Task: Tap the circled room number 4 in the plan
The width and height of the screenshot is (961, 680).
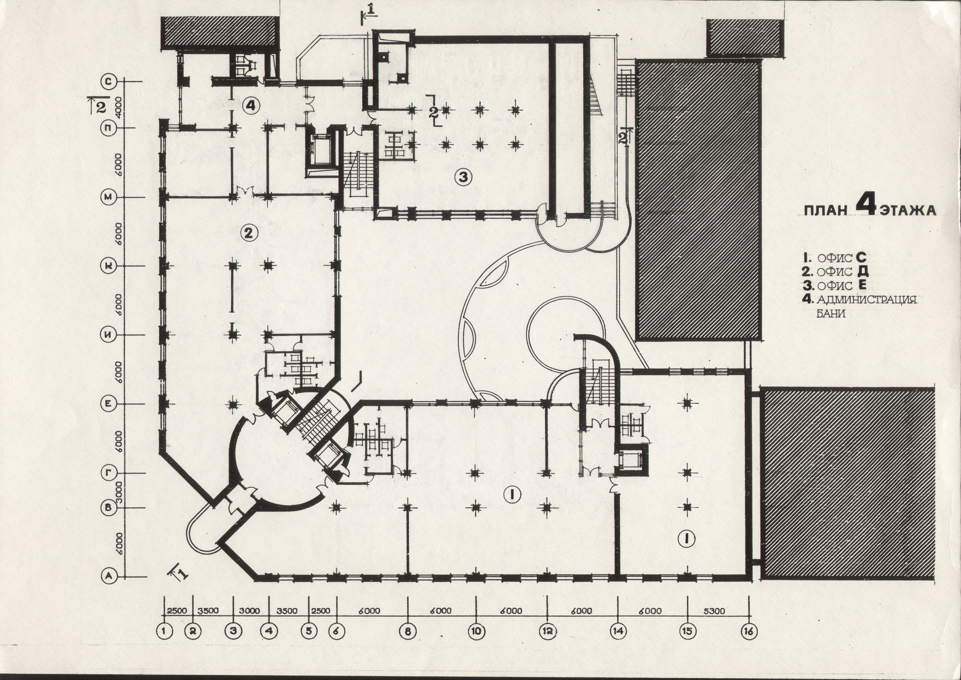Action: pyautogui.click(x=251, y=106)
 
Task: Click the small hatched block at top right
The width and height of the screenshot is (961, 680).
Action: pyautogui.click(x=745, y=38)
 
